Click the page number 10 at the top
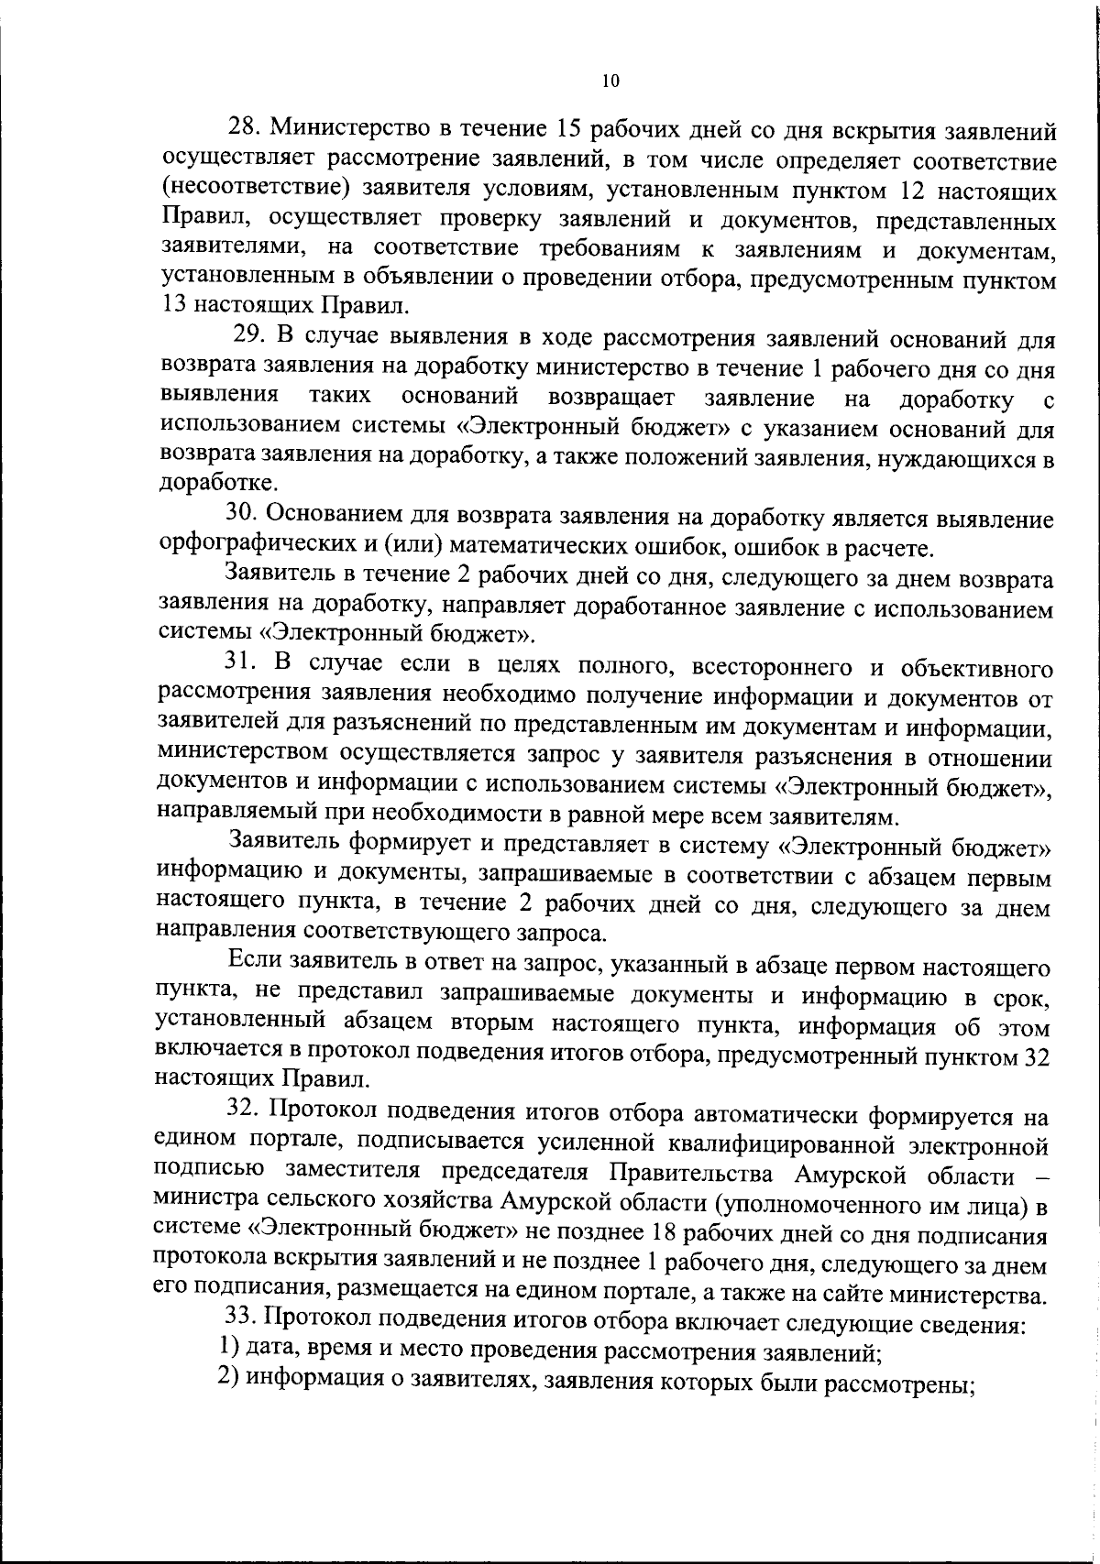click(x=611, y=81)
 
